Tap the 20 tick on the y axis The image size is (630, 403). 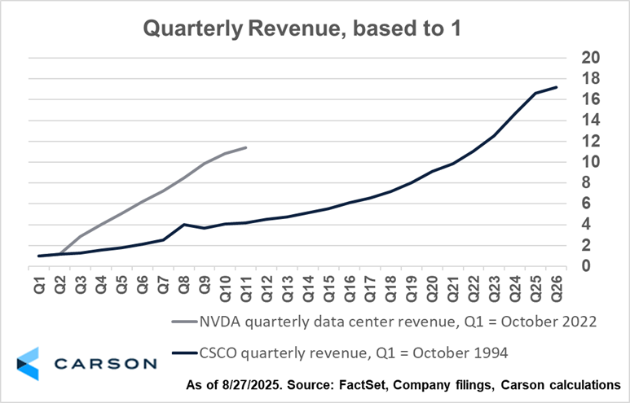coord(590,58)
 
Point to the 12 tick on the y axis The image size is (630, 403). coord(590,141)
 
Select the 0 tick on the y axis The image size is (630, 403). coord(585,266)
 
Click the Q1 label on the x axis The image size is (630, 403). coord(40,287)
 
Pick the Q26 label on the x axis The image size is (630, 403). coord(557,290)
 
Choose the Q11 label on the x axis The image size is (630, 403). coord(246,290)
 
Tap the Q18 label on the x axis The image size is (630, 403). coord(391,290)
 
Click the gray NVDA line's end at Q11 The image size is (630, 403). coord(246,147)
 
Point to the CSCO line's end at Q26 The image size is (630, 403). coord(557,87)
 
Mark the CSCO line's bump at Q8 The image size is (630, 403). coord(184,224)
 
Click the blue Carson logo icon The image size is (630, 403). coord(29,363)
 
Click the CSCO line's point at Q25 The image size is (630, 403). coord(535,93)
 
